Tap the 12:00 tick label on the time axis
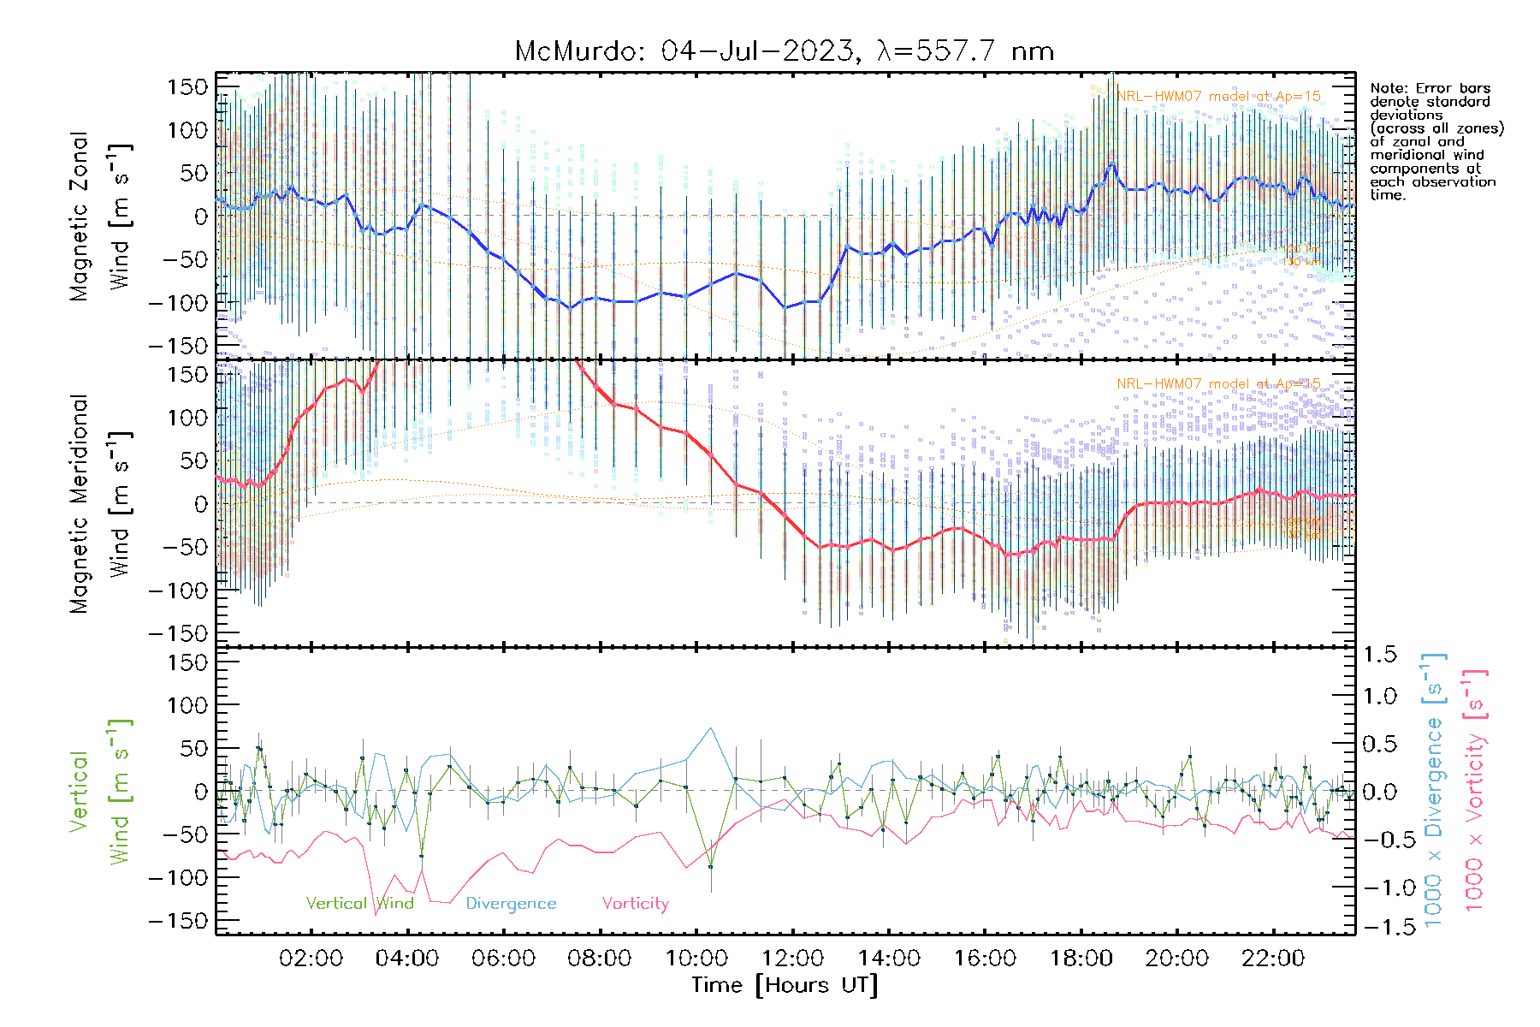[x=792, y=959]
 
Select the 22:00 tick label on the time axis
[x=1273, y=959]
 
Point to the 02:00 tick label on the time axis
[x=311, y=959]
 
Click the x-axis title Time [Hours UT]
[x=785, y=985]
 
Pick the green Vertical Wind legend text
[x=359, y=904]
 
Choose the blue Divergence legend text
[x=511, y=904]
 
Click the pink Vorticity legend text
[x=635, y=904]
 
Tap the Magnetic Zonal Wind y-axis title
[x=101, y=216]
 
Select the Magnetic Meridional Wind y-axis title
[x=101, y=503]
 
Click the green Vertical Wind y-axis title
[x=101, y=792]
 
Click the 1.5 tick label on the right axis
[x=1379, y=655]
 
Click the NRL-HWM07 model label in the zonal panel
[x=1218, y=97]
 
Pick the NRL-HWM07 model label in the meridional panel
[x=1218, y=384]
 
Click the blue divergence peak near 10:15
[x=710, y=728]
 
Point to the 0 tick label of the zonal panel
[x=200, y=217]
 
